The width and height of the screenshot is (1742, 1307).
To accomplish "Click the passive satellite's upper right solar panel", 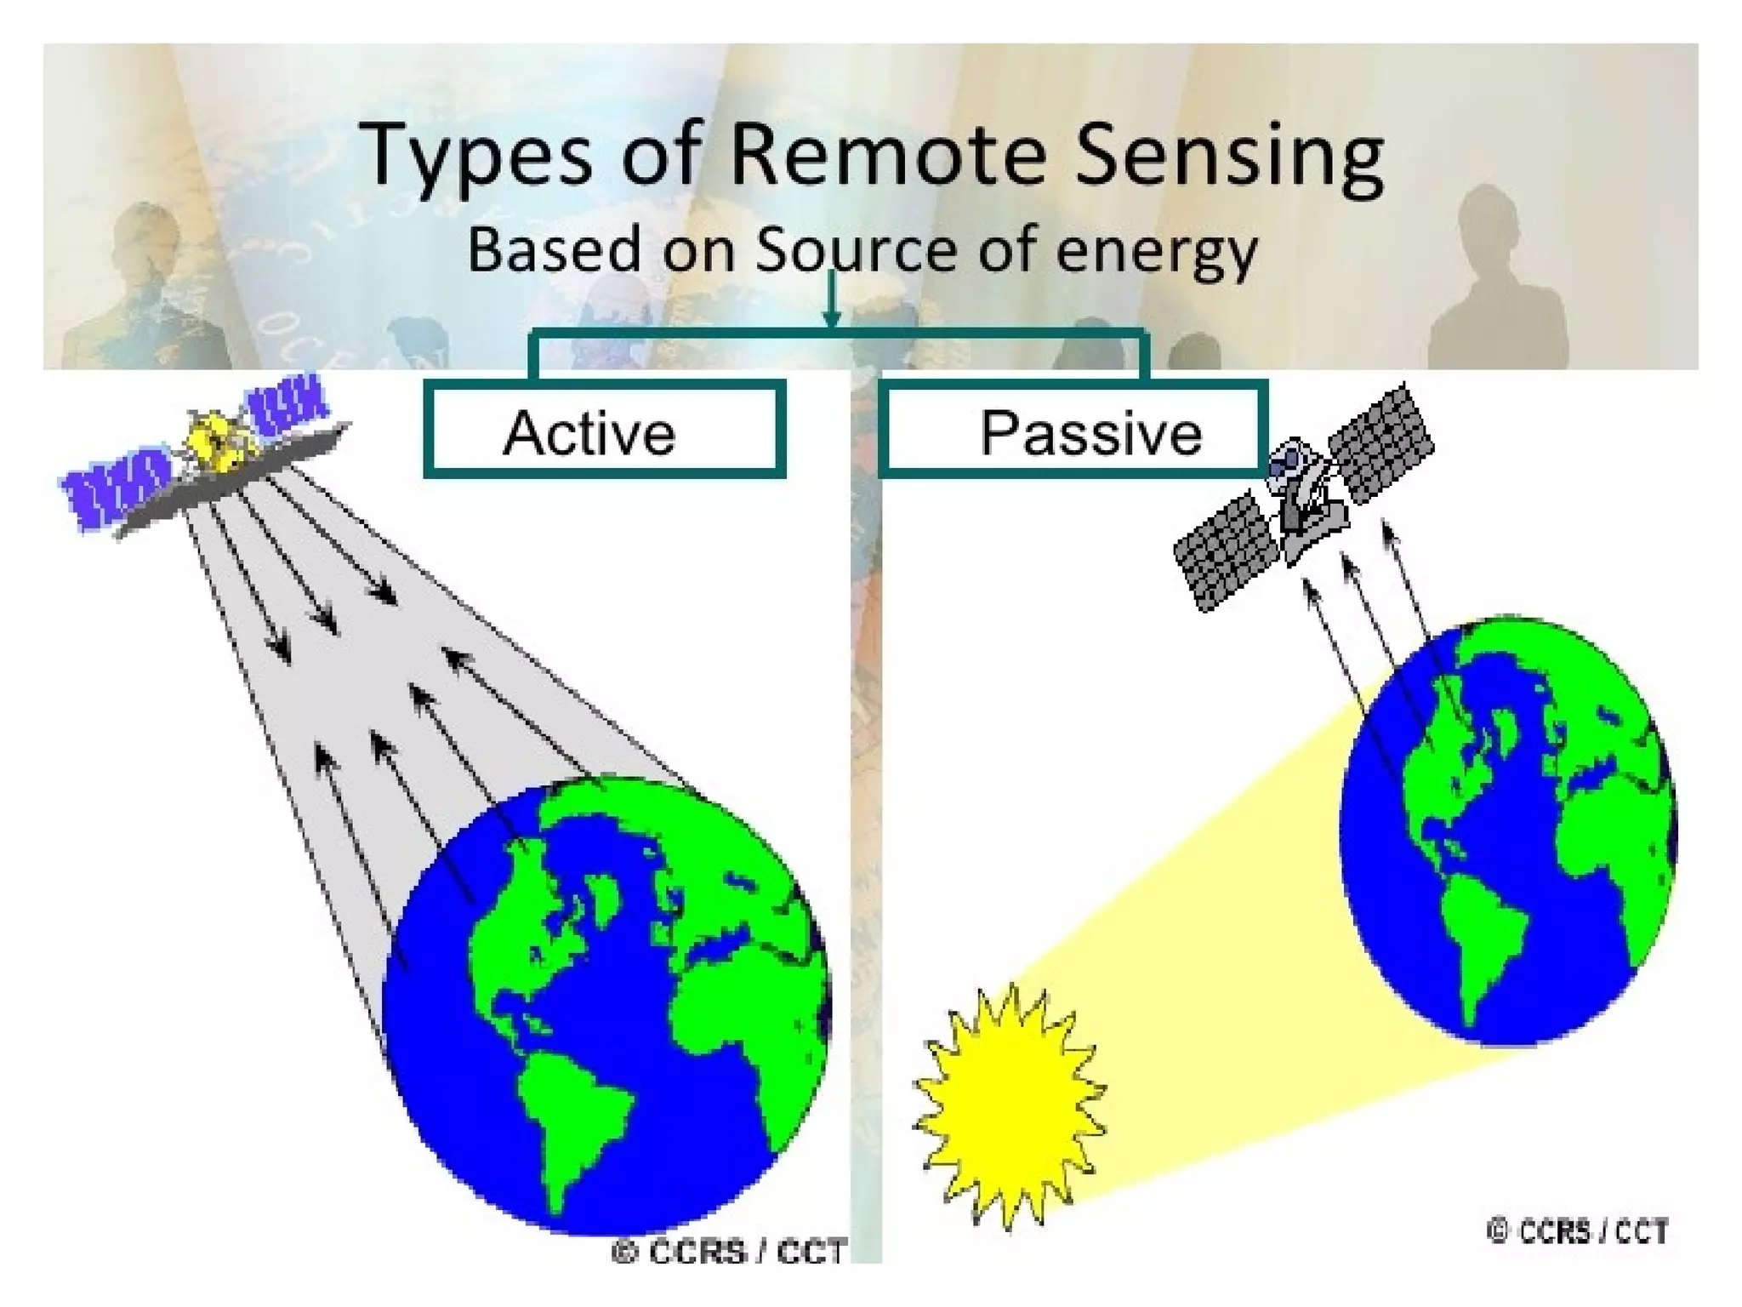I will [1380, 442].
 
